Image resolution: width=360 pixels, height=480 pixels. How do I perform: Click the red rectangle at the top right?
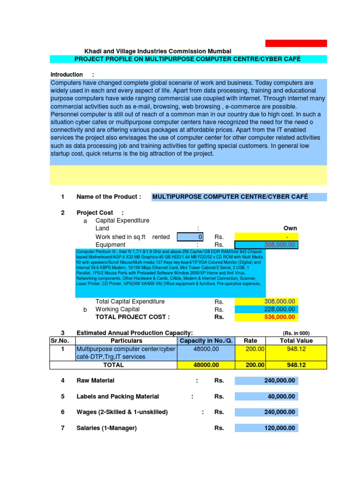296,43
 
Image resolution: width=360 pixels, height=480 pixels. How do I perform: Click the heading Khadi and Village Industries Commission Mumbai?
157,51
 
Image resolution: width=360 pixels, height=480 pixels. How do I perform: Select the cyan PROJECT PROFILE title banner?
188,59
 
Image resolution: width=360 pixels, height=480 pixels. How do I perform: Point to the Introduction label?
67,75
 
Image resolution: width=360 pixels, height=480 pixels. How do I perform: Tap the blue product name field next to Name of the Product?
239,197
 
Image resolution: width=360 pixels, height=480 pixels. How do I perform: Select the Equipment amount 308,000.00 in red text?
266,245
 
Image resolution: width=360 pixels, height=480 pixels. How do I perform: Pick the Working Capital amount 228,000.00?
266,309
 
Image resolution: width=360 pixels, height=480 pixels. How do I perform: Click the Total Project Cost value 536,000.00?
266,317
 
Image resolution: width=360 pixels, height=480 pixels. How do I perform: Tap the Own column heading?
290,228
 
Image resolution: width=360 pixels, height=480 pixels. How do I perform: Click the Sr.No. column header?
60,341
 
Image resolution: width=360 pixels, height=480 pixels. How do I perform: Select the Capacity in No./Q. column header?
206,341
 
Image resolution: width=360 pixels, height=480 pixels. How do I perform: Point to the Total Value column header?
296,341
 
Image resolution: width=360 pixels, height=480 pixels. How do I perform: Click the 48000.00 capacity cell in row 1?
206,349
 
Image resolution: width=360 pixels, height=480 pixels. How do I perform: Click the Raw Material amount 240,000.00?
266,381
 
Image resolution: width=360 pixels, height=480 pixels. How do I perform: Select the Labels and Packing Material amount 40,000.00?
266,397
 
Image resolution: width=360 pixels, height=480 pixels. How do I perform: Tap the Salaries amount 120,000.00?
266,428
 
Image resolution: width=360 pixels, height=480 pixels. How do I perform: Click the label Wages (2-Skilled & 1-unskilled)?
122,412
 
